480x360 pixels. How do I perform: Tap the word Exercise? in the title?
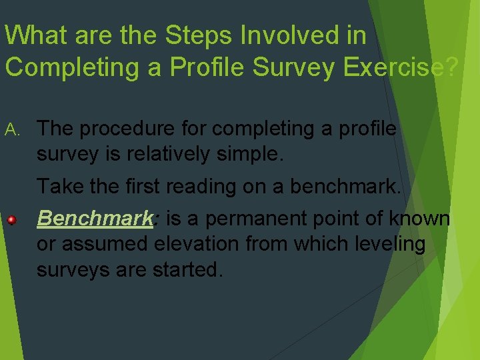tap(401, 68)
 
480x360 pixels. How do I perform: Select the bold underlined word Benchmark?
tap(95, 218)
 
